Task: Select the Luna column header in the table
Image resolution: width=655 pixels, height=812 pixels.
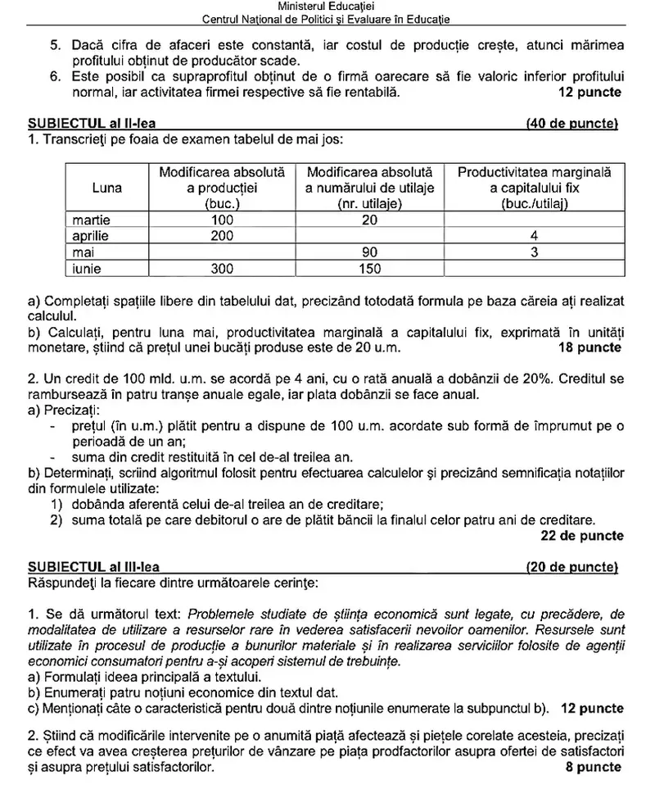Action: (x=107, y=188)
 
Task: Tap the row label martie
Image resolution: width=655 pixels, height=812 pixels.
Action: (x=91, y=220)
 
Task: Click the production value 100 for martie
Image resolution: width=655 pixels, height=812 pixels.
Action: (x=222, y=220)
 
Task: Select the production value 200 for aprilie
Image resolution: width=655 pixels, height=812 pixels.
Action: (x=222, y=236)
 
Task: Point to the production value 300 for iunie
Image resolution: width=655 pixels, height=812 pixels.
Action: (x=222, y=268)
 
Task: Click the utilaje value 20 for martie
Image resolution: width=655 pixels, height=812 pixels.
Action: (x=370, y=220)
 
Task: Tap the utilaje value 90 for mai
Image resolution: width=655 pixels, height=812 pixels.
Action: (x=370, y=252)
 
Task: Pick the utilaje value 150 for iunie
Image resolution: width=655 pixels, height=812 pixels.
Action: (x=370, y=268)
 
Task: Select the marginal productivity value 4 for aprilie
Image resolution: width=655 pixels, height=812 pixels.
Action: (x=534, y=236)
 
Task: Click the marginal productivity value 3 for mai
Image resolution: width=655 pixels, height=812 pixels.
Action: (x=534, y=252)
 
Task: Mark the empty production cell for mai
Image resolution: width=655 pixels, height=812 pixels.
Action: (x=222, y=252)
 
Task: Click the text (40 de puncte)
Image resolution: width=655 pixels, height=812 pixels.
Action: (x=572, y=124)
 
